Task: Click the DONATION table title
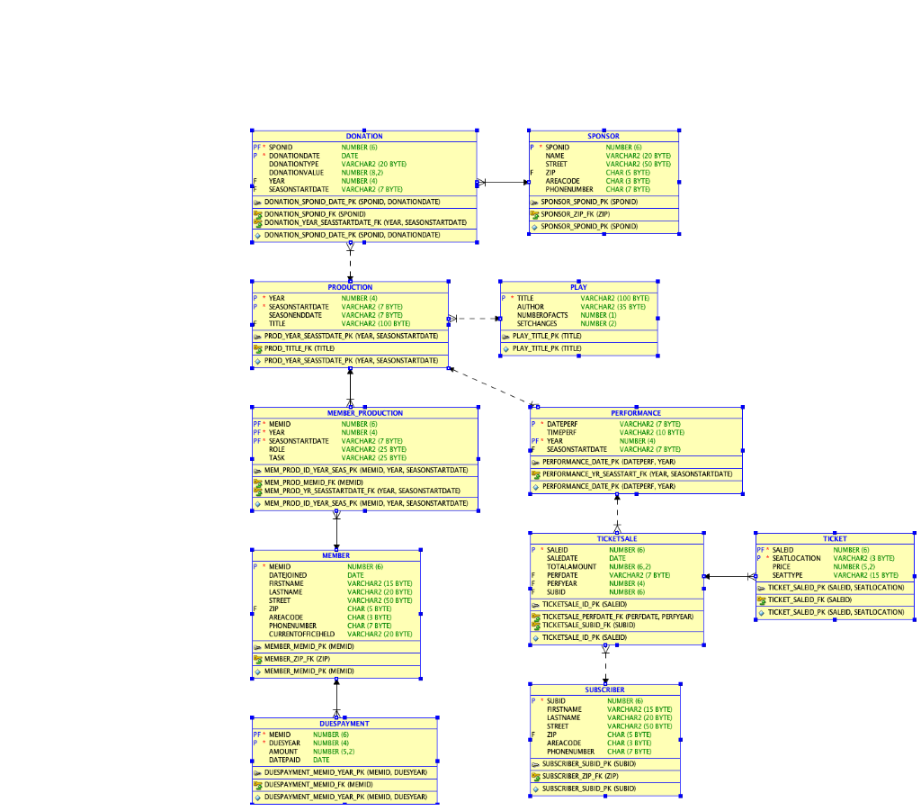click(x=364, y=136)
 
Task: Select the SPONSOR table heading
click(x=604, y=136)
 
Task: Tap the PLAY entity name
click(x=578, y=287)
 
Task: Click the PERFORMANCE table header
click(x=636, y=413)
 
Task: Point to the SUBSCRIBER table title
click(x=604, y=690)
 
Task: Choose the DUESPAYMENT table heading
click(x=344, y=723)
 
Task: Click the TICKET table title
click(x=835, y=538)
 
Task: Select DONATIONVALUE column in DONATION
click(x=296, y=172)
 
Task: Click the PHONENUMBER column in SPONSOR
click(x=569, y=189)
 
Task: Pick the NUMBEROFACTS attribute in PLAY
click(x=542, y=315)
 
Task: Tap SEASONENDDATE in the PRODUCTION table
click(x=295, y=315)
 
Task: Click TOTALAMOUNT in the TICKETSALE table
click(x=571, y=566)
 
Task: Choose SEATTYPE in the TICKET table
click(x=787, y=574)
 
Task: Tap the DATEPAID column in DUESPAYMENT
click(x=284, y=760)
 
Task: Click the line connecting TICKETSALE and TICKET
click(x=729, y=575)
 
